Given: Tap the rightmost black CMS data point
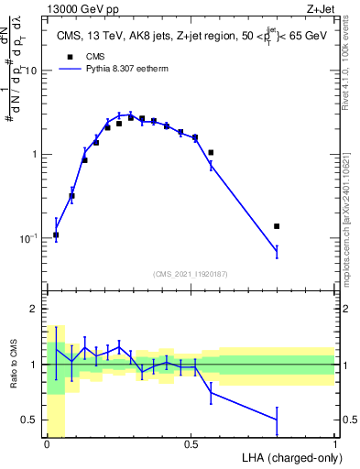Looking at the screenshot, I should [277, 225].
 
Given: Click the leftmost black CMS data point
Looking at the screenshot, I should [56, 234].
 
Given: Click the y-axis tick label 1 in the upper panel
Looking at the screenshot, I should [37, 154].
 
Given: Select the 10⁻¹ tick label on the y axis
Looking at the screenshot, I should [31, 238].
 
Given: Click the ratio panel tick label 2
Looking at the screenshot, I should [37, 309].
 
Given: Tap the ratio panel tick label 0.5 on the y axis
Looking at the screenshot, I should [32, 420].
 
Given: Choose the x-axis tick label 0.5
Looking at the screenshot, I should [191, 444].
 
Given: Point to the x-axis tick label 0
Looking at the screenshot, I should [47, 444].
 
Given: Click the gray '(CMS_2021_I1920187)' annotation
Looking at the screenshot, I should [191, 274].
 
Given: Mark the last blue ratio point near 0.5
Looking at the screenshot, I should [277, 420].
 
